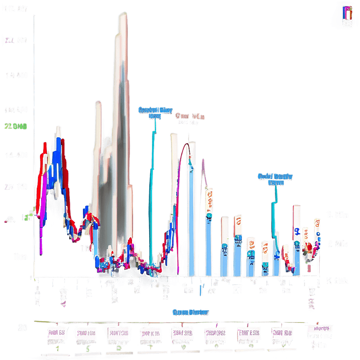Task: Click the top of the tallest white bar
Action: click(122, 16)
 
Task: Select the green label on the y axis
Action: click(15, 127)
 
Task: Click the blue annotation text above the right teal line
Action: click(275, 179)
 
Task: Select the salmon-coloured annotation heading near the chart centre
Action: click(190, 116)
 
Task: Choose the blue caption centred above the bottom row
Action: click(190, 312)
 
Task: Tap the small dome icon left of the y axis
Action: click(10, 219)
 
